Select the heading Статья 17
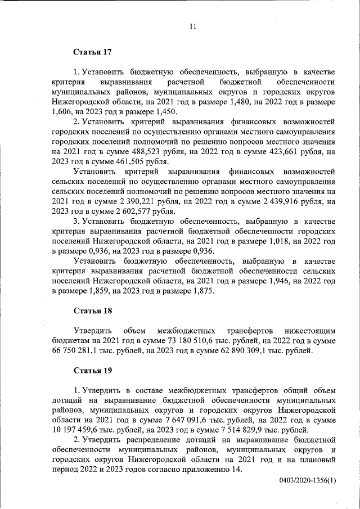pyautogui.click(x=93, y=52)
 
